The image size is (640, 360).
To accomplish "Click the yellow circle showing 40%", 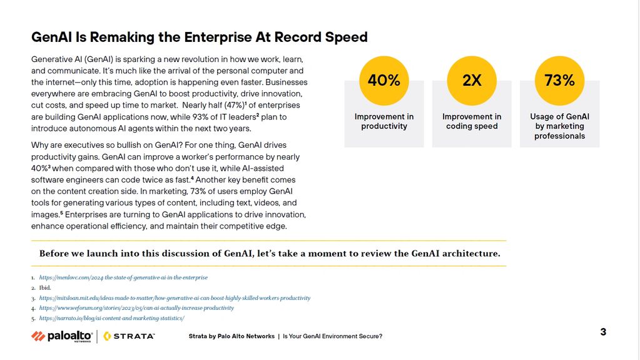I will point(383,81).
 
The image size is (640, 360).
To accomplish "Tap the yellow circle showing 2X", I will point(472,81).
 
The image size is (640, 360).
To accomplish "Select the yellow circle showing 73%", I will point(559,81).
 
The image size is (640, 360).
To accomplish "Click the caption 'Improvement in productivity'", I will point(383,121).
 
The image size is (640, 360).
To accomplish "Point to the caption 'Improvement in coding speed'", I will point(472,121).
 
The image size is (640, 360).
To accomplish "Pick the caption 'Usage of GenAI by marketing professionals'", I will point(559,126).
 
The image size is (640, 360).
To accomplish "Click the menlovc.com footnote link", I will point(123,277).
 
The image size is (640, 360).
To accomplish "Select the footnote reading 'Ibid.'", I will point(45,288).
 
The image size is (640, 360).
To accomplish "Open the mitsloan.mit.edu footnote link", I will point(175,298).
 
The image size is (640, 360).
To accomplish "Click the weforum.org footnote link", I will point(136,308).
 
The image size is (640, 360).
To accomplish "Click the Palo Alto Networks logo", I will point(61,336).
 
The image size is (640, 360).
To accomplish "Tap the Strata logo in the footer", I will point(129,336).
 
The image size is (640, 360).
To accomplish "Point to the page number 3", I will point(603,332).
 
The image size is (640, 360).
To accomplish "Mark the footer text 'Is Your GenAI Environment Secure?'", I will point(332,336).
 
